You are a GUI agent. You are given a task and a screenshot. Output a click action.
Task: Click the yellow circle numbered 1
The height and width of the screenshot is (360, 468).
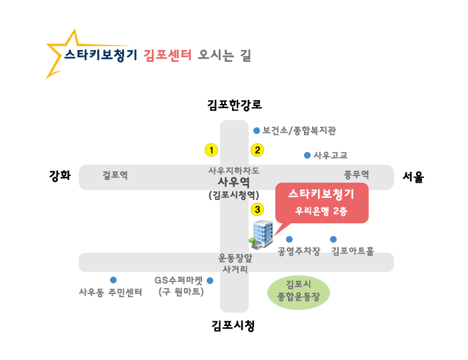click(x=211, y=150)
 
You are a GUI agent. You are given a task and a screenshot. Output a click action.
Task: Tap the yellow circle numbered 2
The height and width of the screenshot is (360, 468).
click(x=257, y=150)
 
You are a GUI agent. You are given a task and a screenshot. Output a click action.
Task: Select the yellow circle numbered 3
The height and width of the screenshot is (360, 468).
click(x=257, y=209)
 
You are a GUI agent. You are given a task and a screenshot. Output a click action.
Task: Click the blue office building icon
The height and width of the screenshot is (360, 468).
click(x=261, y=235)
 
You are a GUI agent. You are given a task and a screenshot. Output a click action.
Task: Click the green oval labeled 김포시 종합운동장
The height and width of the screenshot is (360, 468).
click(x=299, y=293)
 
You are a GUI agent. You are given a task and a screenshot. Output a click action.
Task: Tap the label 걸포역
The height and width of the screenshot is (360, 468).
click(x=115, y=175)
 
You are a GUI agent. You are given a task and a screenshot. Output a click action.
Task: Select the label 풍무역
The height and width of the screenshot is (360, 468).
click(x=357, y=175)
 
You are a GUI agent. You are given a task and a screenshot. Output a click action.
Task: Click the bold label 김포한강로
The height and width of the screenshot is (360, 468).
click(x=235, y=105)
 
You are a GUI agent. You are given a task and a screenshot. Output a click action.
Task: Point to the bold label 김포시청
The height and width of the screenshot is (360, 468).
click(x=233, y=325)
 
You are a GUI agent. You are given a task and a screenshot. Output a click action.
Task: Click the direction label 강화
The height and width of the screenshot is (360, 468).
click(x=60, y=175)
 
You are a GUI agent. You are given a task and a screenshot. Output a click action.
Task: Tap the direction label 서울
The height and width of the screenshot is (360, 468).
click(x=413, y=177)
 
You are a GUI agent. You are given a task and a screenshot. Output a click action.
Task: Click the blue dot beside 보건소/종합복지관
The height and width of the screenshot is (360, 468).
click(x=257, y=131)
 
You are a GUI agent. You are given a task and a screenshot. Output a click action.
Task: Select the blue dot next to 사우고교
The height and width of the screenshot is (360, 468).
click(x=307, y=155)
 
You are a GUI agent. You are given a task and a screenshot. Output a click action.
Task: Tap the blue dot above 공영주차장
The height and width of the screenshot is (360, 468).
click(x=289, y=239)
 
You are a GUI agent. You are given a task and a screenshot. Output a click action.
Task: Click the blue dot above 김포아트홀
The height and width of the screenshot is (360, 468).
click(x=333, y=239)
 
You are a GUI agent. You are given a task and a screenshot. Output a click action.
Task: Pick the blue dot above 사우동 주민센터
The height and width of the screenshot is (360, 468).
click(x=113, y=280)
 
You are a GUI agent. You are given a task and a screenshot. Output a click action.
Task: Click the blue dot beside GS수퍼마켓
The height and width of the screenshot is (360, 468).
click(x=210, y=281)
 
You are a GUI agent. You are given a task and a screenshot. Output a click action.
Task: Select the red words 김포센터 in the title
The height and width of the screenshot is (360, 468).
click(x=167, y=55)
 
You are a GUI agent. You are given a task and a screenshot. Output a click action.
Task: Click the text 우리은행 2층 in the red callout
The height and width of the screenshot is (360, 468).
click(x=321, y=211)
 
